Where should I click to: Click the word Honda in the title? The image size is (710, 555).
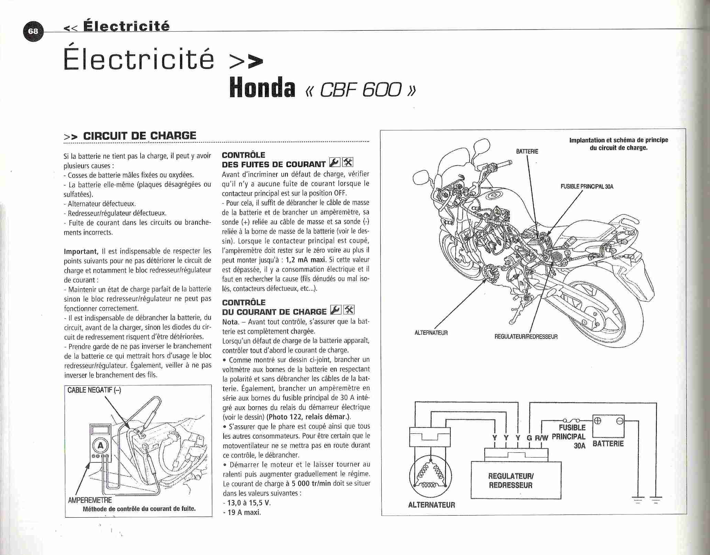click(x=262, y=87)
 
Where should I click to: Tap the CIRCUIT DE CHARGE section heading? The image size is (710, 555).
click(x=139, y=135)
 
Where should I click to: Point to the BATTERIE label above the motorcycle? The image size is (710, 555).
click(x=527, y=151)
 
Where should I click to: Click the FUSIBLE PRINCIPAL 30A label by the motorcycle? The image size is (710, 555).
click(x=587, y=187)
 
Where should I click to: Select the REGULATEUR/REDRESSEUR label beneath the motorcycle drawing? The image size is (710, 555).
click(x=526, y=337)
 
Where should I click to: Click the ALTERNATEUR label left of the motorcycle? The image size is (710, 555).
click(x=431, y=333)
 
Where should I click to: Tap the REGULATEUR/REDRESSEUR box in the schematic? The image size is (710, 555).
click(x=516, y=480)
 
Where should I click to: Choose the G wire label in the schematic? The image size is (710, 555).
click(x=529, y=438)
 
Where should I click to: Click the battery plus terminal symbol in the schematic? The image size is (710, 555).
click(x=598, y=421)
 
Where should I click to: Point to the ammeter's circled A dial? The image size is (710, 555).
click(x=101, y=446)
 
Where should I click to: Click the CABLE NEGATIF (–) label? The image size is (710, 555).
click(x=94, y=390)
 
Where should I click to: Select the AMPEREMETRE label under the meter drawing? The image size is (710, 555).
click(x=90, y=500)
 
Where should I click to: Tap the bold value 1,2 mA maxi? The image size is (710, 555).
click(x=306, y=260)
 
